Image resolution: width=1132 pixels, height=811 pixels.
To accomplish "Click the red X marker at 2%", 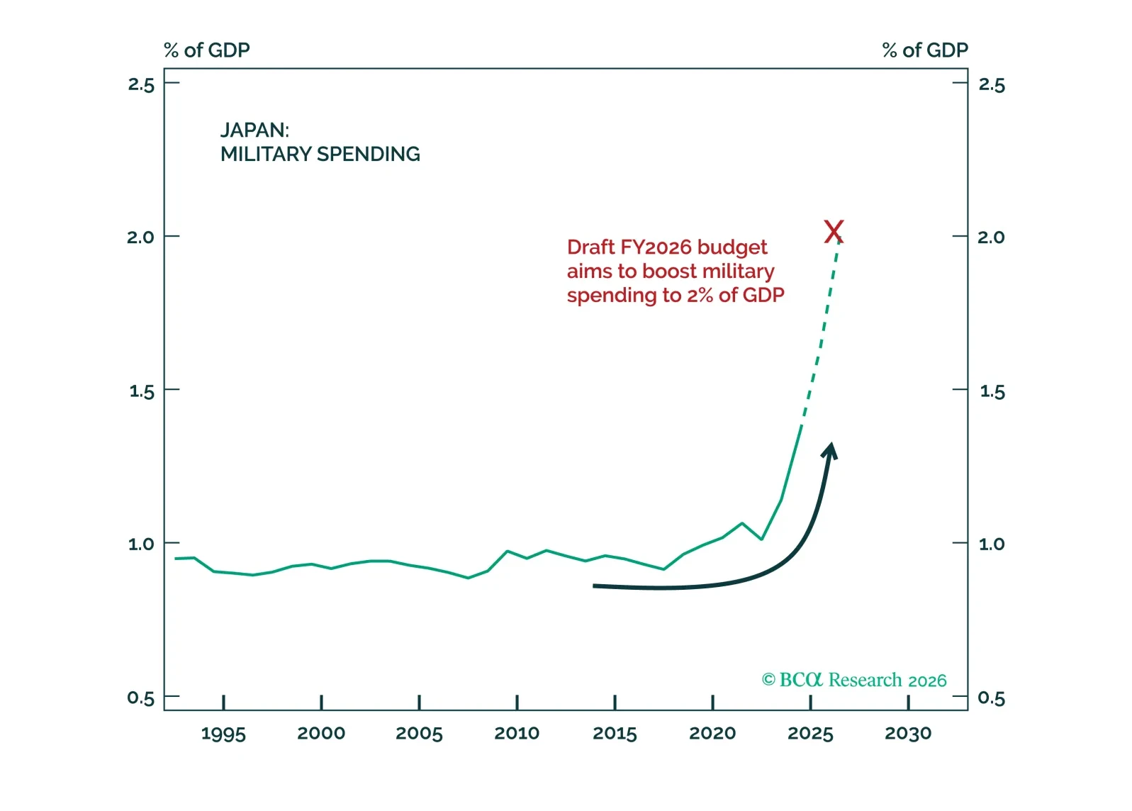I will pos(834,232).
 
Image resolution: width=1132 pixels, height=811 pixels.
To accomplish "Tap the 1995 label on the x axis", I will pos(223,734).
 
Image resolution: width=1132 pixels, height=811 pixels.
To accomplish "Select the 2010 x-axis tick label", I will pos(517,734).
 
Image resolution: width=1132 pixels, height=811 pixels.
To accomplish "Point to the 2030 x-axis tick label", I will pos(908,734).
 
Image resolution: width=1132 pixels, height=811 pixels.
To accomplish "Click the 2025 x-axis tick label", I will pos(810,734).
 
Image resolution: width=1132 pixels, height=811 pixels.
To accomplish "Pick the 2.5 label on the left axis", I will pos(141,85).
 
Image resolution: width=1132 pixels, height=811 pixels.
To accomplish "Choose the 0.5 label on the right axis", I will pos(991,698).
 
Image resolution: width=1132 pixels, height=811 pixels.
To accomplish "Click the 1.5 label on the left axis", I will pos(142,391).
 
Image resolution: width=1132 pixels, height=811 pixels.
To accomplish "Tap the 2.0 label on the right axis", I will pos(991,237).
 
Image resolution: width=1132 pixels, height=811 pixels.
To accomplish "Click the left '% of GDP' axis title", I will pos(207,50).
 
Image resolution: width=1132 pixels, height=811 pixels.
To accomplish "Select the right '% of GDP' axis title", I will pos(925,50).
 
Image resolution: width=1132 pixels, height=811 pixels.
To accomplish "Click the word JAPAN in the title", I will pos(253,130).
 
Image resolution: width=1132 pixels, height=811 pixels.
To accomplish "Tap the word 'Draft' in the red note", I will pos(590,247).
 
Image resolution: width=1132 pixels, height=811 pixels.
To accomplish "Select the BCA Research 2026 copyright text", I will pos(854,681).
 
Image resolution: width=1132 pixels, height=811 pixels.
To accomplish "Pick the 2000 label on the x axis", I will pos(321,734).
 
